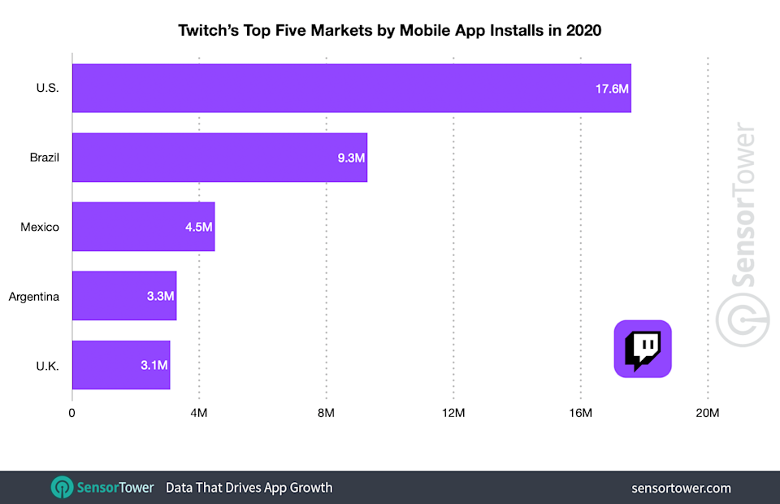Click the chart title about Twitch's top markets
389,31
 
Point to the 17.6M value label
611,88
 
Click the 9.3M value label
351,157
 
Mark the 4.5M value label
198,227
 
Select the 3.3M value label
160,296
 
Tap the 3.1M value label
154,365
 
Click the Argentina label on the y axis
34,296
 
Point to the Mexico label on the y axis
40,227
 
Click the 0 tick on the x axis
72,414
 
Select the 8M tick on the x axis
326,414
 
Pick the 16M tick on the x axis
580,414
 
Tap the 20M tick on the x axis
708,414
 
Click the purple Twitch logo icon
642,349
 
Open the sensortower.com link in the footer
681,488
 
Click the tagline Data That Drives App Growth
249,488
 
